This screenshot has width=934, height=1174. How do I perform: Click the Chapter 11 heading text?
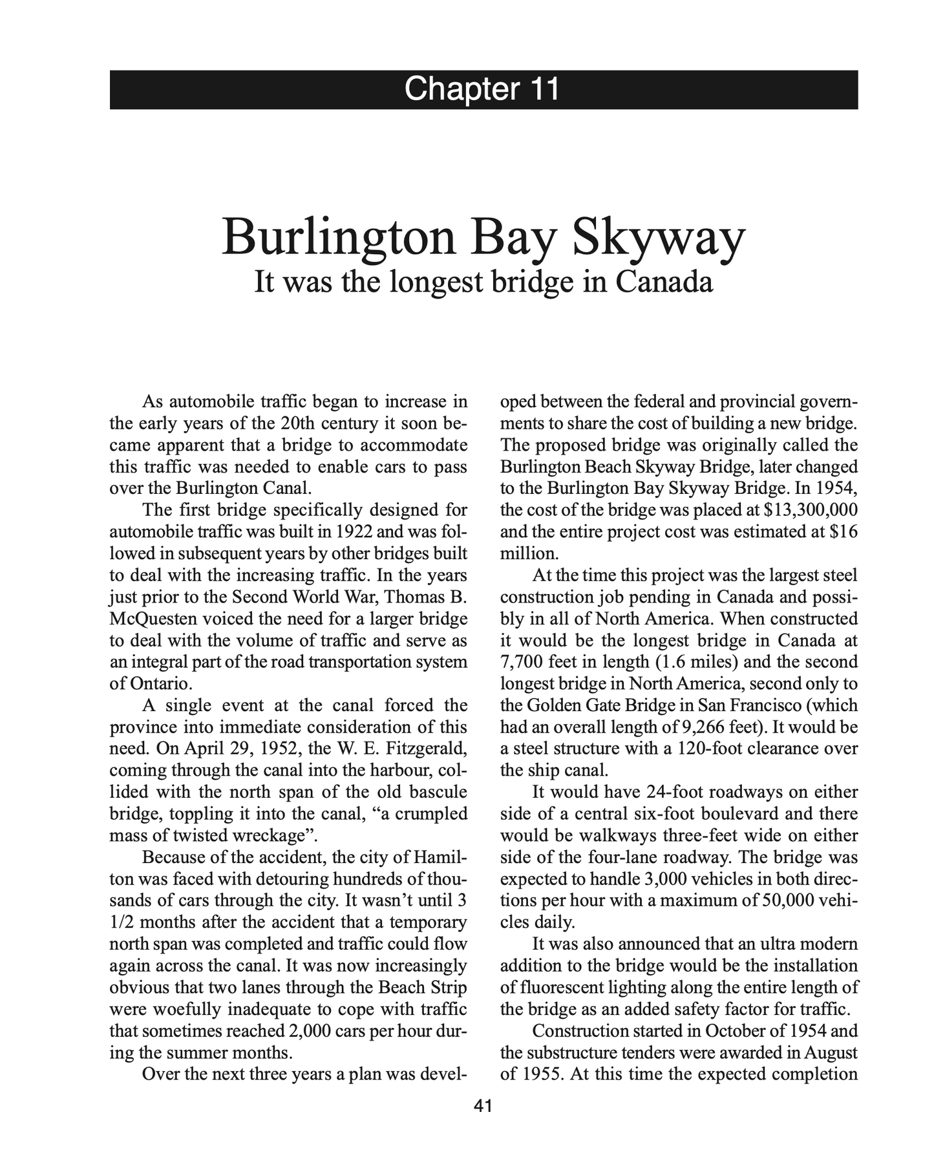(482, 89)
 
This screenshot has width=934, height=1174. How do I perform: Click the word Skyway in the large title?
(656, 238)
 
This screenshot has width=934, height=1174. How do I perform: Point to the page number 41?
(483, 1106)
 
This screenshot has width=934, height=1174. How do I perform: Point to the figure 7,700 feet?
(533, 662)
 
